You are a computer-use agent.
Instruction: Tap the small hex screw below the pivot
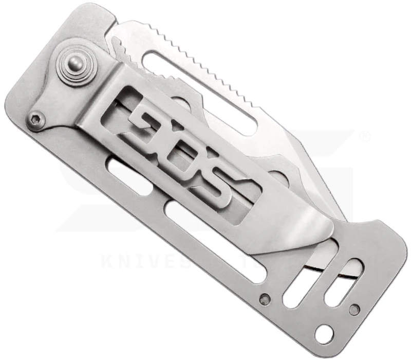click(35, 119)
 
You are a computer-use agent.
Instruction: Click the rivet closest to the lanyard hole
click(353, 309)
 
